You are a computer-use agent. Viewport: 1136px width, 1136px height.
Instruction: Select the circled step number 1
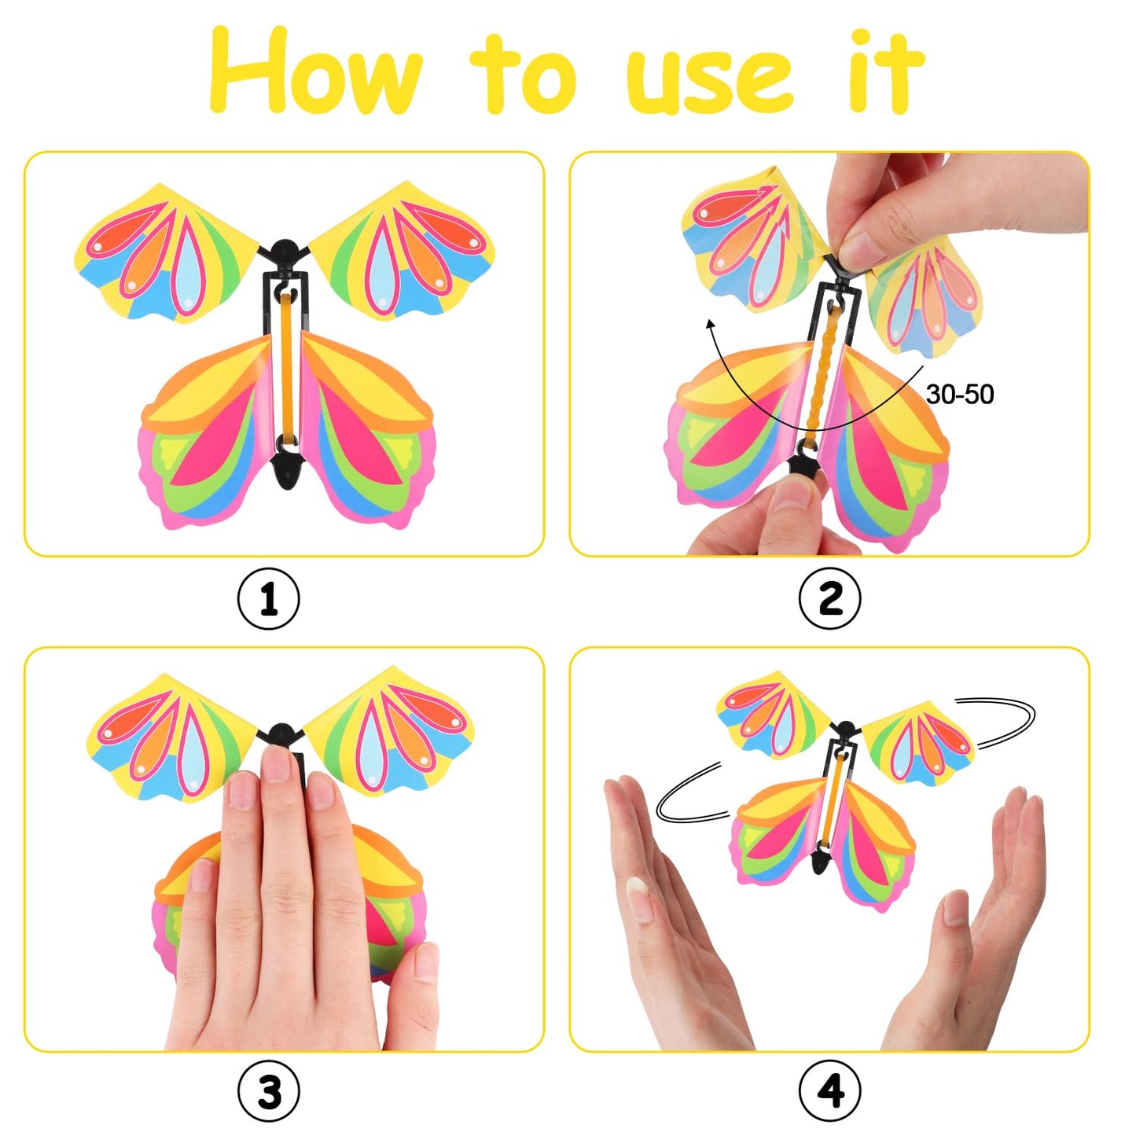(x=268, y=599)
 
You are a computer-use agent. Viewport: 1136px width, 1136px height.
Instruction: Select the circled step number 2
(x=829, y=599)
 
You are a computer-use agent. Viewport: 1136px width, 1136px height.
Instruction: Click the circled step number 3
(x=268, y=1091)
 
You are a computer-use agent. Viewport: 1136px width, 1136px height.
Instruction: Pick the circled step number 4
(x=829, y=1091)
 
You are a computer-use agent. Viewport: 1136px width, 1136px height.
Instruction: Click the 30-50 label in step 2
(x=959, y=394)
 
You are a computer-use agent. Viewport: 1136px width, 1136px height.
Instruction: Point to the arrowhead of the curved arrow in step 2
(x=711, y=323)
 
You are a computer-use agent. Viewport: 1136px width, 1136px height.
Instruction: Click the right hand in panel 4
(x=983, y=928)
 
